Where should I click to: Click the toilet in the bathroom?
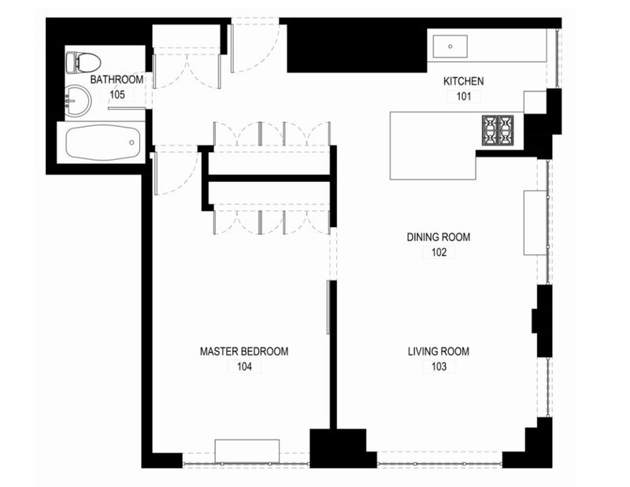point(83,63)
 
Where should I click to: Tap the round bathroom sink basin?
point(78,101)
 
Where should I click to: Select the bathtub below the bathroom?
point(103,143)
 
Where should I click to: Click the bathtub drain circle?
point(132,143)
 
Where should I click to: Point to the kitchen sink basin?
point(450,46)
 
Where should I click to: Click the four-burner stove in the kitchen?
point(498,130)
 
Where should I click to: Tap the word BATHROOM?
point(117,80)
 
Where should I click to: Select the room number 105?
point(117,95)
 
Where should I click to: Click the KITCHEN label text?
point(463,81)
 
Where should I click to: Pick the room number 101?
point(463,96)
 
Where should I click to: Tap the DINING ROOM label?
point(439,237)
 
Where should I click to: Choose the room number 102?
point(439,252)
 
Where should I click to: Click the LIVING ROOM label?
point(439,351)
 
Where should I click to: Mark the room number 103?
point(439,366)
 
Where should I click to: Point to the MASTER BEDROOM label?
point(244,351)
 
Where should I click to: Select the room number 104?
point(244,366)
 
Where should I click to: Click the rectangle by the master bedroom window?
point(246,452)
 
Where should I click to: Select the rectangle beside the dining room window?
point(535,223)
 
